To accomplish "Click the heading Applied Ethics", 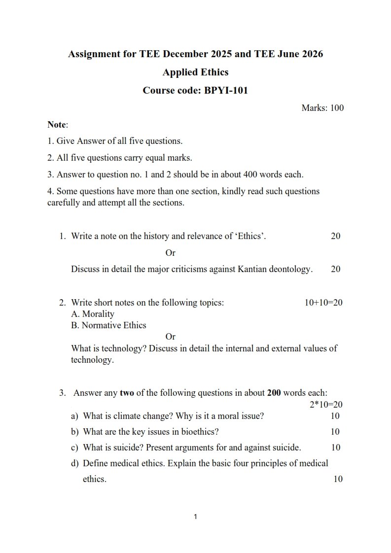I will point(195,72).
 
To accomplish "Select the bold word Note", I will point(57,125).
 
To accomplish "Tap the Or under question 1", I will point(170,253).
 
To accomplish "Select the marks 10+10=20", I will point(323,303).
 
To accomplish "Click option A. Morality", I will point(93,314).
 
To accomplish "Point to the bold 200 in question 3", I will point(274,393).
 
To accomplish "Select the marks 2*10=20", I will point(326,405).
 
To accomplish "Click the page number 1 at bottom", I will point(196,517).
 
